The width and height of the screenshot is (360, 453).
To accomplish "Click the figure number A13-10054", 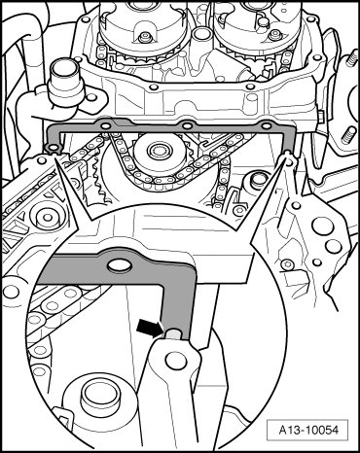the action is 308,430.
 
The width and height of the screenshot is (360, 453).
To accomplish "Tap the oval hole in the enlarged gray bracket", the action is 120,265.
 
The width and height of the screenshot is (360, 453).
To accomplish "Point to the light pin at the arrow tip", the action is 173,334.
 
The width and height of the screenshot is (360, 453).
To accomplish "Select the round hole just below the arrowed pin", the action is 172,359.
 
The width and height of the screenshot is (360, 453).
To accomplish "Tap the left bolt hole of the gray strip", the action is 105,126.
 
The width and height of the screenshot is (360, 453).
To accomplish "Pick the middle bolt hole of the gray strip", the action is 186,125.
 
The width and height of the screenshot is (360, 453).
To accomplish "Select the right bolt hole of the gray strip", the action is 266,125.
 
